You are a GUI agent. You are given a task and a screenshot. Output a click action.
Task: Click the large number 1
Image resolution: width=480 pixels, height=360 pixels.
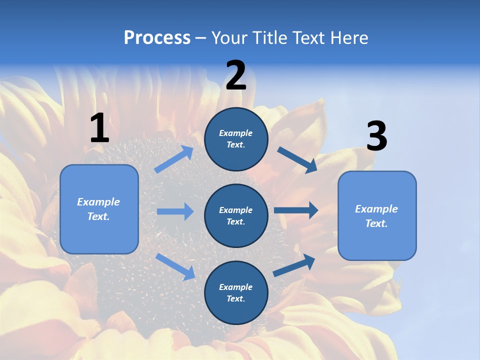pos(99,128)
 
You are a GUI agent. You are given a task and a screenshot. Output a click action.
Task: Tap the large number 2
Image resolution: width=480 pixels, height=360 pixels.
pos(236,76)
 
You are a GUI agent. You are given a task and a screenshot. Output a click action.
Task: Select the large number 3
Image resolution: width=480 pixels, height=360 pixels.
pos(376,136)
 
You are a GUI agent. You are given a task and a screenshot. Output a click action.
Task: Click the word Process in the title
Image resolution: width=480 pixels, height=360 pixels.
pos(157,37)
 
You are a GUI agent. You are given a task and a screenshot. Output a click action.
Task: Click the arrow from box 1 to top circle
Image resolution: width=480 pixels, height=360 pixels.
pos(174,159)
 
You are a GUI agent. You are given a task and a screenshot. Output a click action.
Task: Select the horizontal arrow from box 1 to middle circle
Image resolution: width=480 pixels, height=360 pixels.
pos(175,211)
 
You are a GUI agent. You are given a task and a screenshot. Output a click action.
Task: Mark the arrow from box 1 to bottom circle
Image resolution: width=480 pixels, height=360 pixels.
pos(175,266)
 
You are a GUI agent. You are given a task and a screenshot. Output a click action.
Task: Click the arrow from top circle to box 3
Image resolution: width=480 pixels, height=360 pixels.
pos(297,159)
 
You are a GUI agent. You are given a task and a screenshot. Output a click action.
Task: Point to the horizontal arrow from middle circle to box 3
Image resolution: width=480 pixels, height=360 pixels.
pos(296,210)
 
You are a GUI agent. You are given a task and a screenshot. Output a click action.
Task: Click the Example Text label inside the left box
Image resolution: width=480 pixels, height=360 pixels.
pos(98,209)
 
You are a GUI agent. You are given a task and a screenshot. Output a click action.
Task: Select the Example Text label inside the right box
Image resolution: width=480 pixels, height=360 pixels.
pos(376,216)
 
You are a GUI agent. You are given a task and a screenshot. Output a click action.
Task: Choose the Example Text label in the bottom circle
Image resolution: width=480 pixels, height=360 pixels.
pos(236,292)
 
